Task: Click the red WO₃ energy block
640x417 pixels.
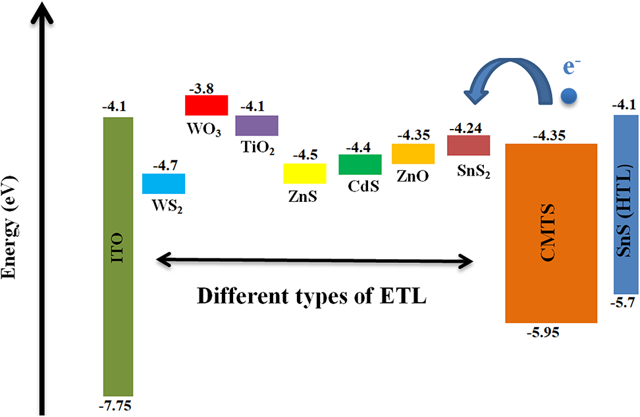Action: click(x=207, y=105)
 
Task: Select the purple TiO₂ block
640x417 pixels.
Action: click(x=257, y=125)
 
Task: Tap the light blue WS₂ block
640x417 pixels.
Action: click(x=164, y=184)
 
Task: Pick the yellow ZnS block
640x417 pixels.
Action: click(x=305, y=174)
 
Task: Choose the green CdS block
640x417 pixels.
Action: click(x=360, y=164)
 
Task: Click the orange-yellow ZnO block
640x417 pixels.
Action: click(x=413, y=153)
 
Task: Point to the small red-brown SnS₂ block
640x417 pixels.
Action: click(x=468, y=145)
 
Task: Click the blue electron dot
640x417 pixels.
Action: click(x=568, y=97)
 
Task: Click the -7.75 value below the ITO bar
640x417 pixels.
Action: click(x=118, y=404)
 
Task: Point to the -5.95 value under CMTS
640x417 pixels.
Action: click(x=544, y=332)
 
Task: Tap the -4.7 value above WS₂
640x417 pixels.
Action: click(x=164, y=166)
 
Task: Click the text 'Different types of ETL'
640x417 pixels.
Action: click(x=313, y=295)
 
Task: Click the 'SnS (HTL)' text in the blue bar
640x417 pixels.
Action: click(x=626, y=204)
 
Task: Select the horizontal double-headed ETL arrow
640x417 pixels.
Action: click(x=315, y=262)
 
